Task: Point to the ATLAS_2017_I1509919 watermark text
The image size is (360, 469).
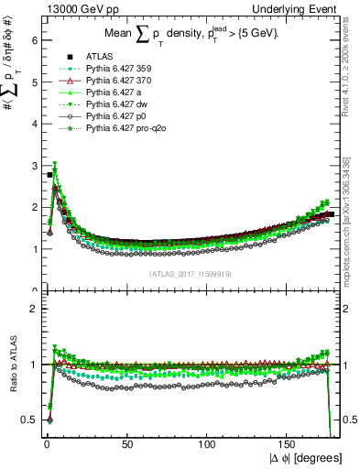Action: tap(190, 273)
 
